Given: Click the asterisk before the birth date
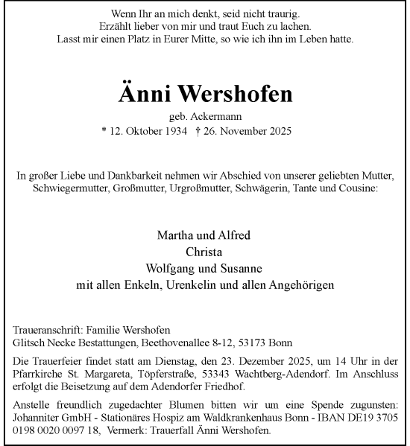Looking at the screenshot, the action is point(104,131).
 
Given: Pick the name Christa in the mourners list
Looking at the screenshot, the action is point(204,252).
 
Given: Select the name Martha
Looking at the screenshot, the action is point(174,235).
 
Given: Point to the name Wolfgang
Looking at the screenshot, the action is point(171,268).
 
